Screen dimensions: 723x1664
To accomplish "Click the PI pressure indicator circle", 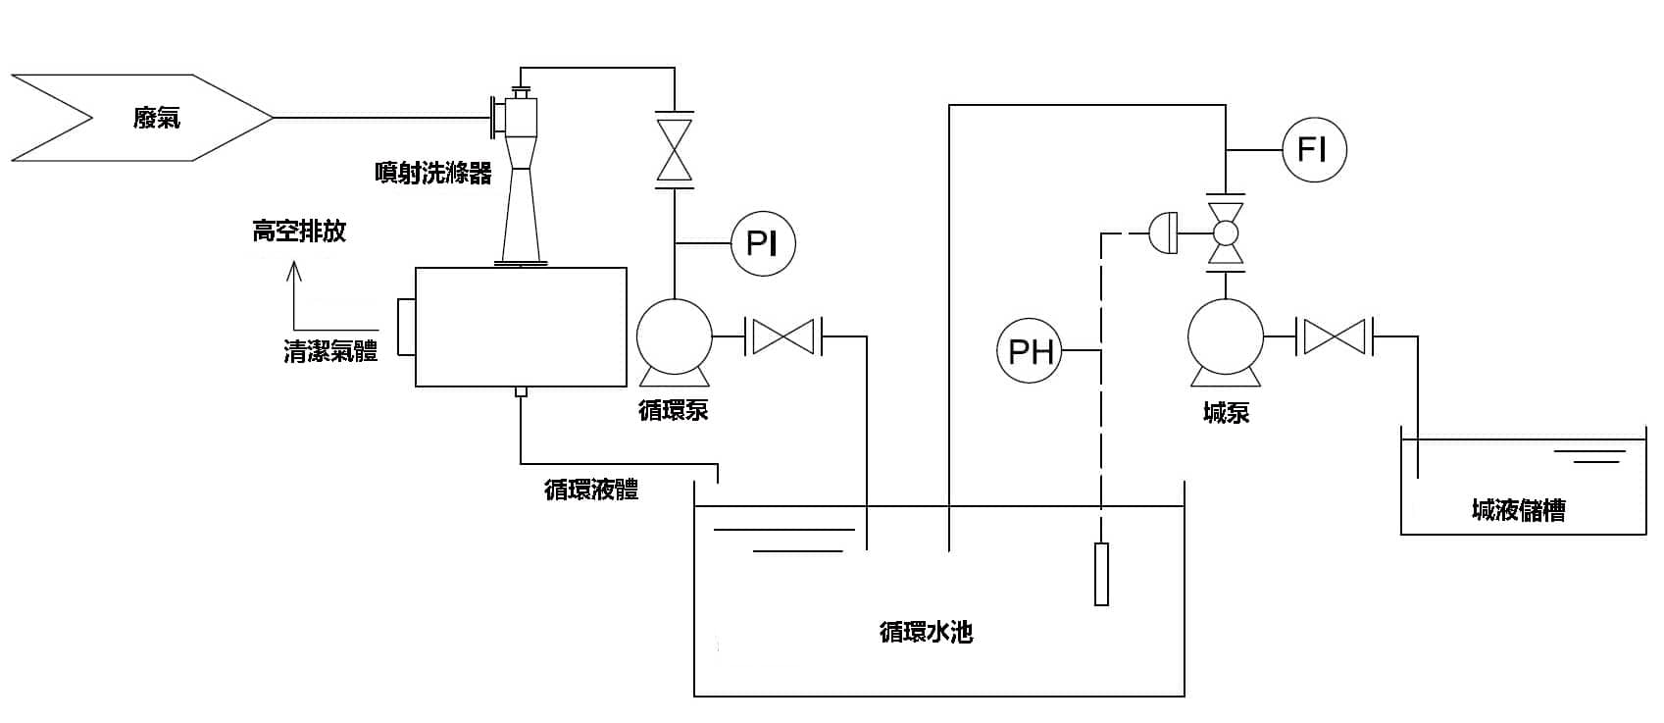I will click(763, 242).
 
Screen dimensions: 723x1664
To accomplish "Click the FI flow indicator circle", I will click(1314, 150).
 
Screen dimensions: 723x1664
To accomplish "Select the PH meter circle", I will click(1030, 350).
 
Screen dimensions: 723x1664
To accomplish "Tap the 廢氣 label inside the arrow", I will click(157, 119).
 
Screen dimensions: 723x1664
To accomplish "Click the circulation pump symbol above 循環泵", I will click(674, 337).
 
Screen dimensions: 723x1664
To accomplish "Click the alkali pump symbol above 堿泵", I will click(1225, 337).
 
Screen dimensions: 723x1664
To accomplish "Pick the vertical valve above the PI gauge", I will click(674, 149).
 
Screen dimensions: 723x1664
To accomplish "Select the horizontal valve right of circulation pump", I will click(784, 336).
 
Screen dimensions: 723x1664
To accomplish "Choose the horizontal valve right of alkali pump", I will click(1336, 336).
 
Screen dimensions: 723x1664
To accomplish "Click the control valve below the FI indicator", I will click(1226, 233).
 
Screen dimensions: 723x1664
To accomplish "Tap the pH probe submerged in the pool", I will click(1101, 574).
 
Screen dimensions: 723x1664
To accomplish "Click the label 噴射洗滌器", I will click(432, 174).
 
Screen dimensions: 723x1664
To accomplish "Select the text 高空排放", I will click(299, 232).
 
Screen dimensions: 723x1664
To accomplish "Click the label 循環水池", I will click(926, 632).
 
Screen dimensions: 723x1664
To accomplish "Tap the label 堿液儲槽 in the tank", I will click(1518, 510).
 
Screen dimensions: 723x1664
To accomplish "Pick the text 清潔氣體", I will click(330, 352).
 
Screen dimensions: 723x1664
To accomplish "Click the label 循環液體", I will click(591, 490).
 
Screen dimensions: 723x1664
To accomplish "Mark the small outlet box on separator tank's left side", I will click(406, 328).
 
